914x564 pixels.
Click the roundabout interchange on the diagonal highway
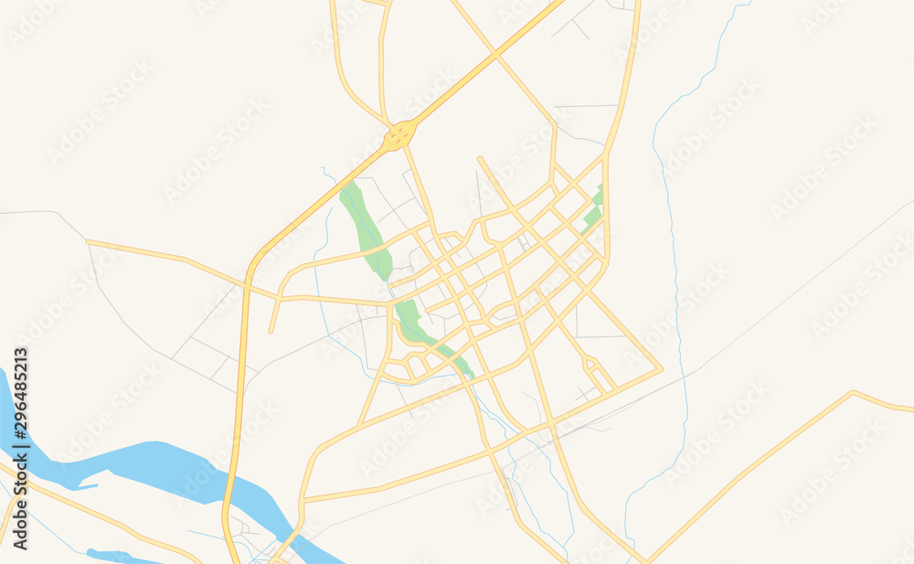coord(399,137)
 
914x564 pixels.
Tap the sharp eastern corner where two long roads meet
coord(661,370)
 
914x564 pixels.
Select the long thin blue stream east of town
coord(676,274)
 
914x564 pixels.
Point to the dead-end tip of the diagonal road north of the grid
coord(480,159)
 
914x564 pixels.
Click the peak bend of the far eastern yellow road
coord(852,393)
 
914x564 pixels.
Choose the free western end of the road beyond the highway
coord(88,242)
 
